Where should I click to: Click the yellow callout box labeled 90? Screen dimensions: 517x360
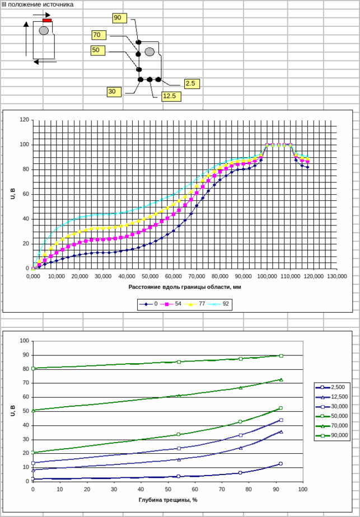(118, 18)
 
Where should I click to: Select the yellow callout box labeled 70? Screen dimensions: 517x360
(99, 35)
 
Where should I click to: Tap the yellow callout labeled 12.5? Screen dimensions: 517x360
(170, 96)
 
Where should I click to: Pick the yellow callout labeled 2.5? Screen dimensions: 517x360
(191, 83)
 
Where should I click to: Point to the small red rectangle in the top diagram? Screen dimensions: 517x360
(47, 20)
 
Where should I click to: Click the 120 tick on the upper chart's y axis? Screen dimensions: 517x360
(24, 120)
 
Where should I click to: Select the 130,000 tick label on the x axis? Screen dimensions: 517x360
(336, 276)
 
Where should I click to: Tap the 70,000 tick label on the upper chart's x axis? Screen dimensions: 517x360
(196, 276)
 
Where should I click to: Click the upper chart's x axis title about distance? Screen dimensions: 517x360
(184, 287)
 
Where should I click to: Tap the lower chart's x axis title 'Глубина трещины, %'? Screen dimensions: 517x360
(167, 499)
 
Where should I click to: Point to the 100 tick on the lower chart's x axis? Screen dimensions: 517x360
(302, 489)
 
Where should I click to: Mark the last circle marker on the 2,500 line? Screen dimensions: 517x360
(280, 463)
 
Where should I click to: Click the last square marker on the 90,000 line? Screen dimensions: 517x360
(281, 355)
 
